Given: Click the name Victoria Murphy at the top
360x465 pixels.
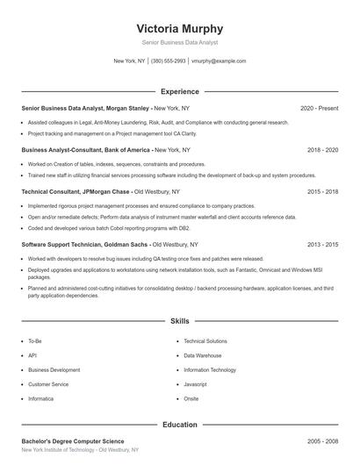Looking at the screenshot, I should [179, 28].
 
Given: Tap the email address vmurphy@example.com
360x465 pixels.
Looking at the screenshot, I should [218, 61].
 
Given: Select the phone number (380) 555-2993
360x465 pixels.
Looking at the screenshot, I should [168, 61].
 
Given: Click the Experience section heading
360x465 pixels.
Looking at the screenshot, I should [179, 91].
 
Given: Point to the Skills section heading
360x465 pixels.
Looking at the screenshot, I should [179, 322].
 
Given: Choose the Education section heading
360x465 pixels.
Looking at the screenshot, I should [179, 425].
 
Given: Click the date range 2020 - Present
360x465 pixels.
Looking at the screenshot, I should [319, 108].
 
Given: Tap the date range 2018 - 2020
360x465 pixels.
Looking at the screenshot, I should [322, 150].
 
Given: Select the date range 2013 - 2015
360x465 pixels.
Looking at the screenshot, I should [322, 245].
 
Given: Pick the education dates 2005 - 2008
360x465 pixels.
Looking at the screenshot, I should [322, 441].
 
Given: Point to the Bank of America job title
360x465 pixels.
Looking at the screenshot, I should [83, 150].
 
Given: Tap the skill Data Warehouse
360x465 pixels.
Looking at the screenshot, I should [203, 355].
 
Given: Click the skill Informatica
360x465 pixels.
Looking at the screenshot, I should [41, 398].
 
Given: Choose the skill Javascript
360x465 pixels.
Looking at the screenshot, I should [195, 384].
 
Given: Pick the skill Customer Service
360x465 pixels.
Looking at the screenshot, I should [47, 384].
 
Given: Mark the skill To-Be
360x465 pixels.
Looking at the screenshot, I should [35, 340].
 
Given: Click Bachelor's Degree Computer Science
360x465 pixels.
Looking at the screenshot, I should [73, 441].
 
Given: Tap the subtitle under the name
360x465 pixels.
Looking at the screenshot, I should [179, 42].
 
